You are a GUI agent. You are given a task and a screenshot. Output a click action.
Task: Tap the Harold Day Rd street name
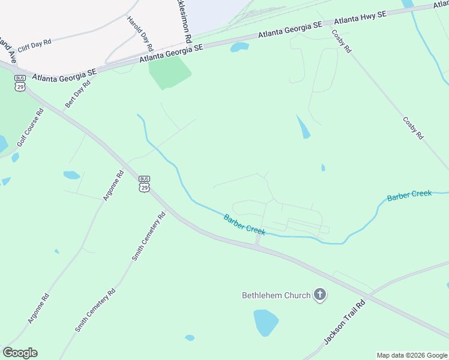(140, 32)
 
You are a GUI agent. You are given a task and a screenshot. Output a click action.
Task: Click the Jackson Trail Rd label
(345, 323)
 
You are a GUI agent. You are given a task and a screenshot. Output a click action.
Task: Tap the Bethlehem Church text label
(276, 295)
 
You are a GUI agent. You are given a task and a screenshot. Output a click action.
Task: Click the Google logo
(20, 353)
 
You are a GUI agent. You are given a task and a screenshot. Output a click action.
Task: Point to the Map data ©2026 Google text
(412, 355)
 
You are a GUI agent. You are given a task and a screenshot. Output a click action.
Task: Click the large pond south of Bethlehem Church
(265, 322)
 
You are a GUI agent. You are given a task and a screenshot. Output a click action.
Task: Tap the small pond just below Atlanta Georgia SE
(240, 47)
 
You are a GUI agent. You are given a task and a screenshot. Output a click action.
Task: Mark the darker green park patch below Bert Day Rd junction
(169, 71)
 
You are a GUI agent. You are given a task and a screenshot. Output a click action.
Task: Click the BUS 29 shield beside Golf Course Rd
(20, 83)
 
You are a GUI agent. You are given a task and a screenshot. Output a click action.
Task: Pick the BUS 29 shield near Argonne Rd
(143, 184)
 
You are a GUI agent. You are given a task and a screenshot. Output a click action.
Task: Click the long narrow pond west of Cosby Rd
(303, 127)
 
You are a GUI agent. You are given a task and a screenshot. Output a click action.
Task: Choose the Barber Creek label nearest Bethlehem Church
(244, 224)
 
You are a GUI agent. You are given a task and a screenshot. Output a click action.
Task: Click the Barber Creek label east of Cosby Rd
(409, 195)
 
